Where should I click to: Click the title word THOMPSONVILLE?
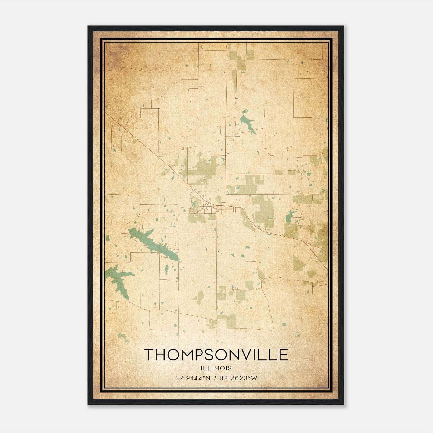pos(216,355)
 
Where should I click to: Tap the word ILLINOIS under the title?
pos(216,368)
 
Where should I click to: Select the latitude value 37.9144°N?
pos(193,378)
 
